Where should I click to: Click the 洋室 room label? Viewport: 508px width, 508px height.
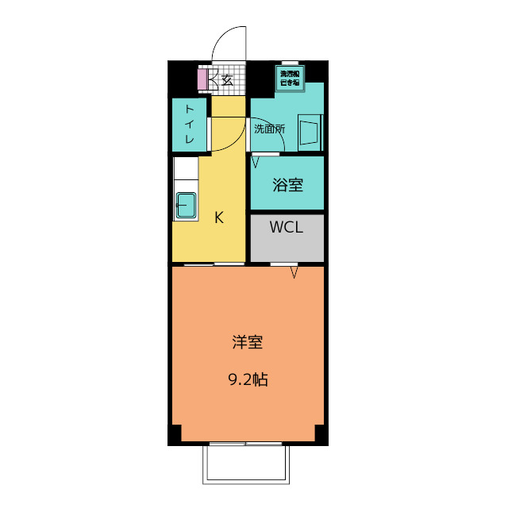(x=248, y=343)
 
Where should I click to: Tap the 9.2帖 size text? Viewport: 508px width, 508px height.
(x=248, y=379)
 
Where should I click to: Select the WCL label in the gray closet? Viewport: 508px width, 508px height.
(x=286, y=228)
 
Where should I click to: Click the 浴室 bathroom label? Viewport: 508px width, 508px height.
(x=287, y=186)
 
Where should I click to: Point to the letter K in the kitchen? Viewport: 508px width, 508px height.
(x=219, y=217)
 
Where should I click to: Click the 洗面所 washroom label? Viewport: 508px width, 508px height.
(x=269, y=128)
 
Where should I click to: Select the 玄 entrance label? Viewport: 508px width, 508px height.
(x=227, y=79)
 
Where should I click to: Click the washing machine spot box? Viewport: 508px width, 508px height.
(x=289, y=78)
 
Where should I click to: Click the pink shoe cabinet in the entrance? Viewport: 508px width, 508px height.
(x=202, y=79)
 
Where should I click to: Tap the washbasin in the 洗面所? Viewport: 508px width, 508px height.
(x=310, y=131)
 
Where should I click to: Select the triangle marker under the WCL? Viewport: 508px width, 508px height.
(x=294, y=273)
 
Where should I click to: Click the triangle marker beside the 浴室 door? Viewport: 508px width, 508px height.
(x=256, y=162)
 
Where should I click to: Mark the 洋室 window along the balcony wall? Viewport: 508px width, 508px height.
(x=248, y=443)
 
